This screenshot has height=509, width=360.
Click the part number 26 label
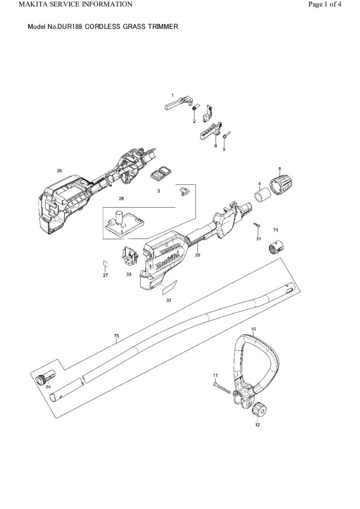pos(59,171)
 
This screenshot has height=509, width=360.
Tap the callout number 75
pos(117,336)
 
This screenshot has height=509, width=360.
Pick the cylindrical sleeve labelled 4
pos(262,196)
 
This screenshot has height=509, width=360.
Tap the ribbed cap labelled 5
pos(281,185)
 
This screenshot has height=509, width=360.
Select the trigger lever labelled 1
pos(177,103)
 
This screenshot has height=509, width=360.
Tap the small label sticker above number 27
pos(105,262)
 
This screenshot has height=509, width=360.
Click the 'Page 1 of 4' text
pos(325,4)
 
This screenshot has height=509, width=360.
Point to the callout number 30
pos(198,255)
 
